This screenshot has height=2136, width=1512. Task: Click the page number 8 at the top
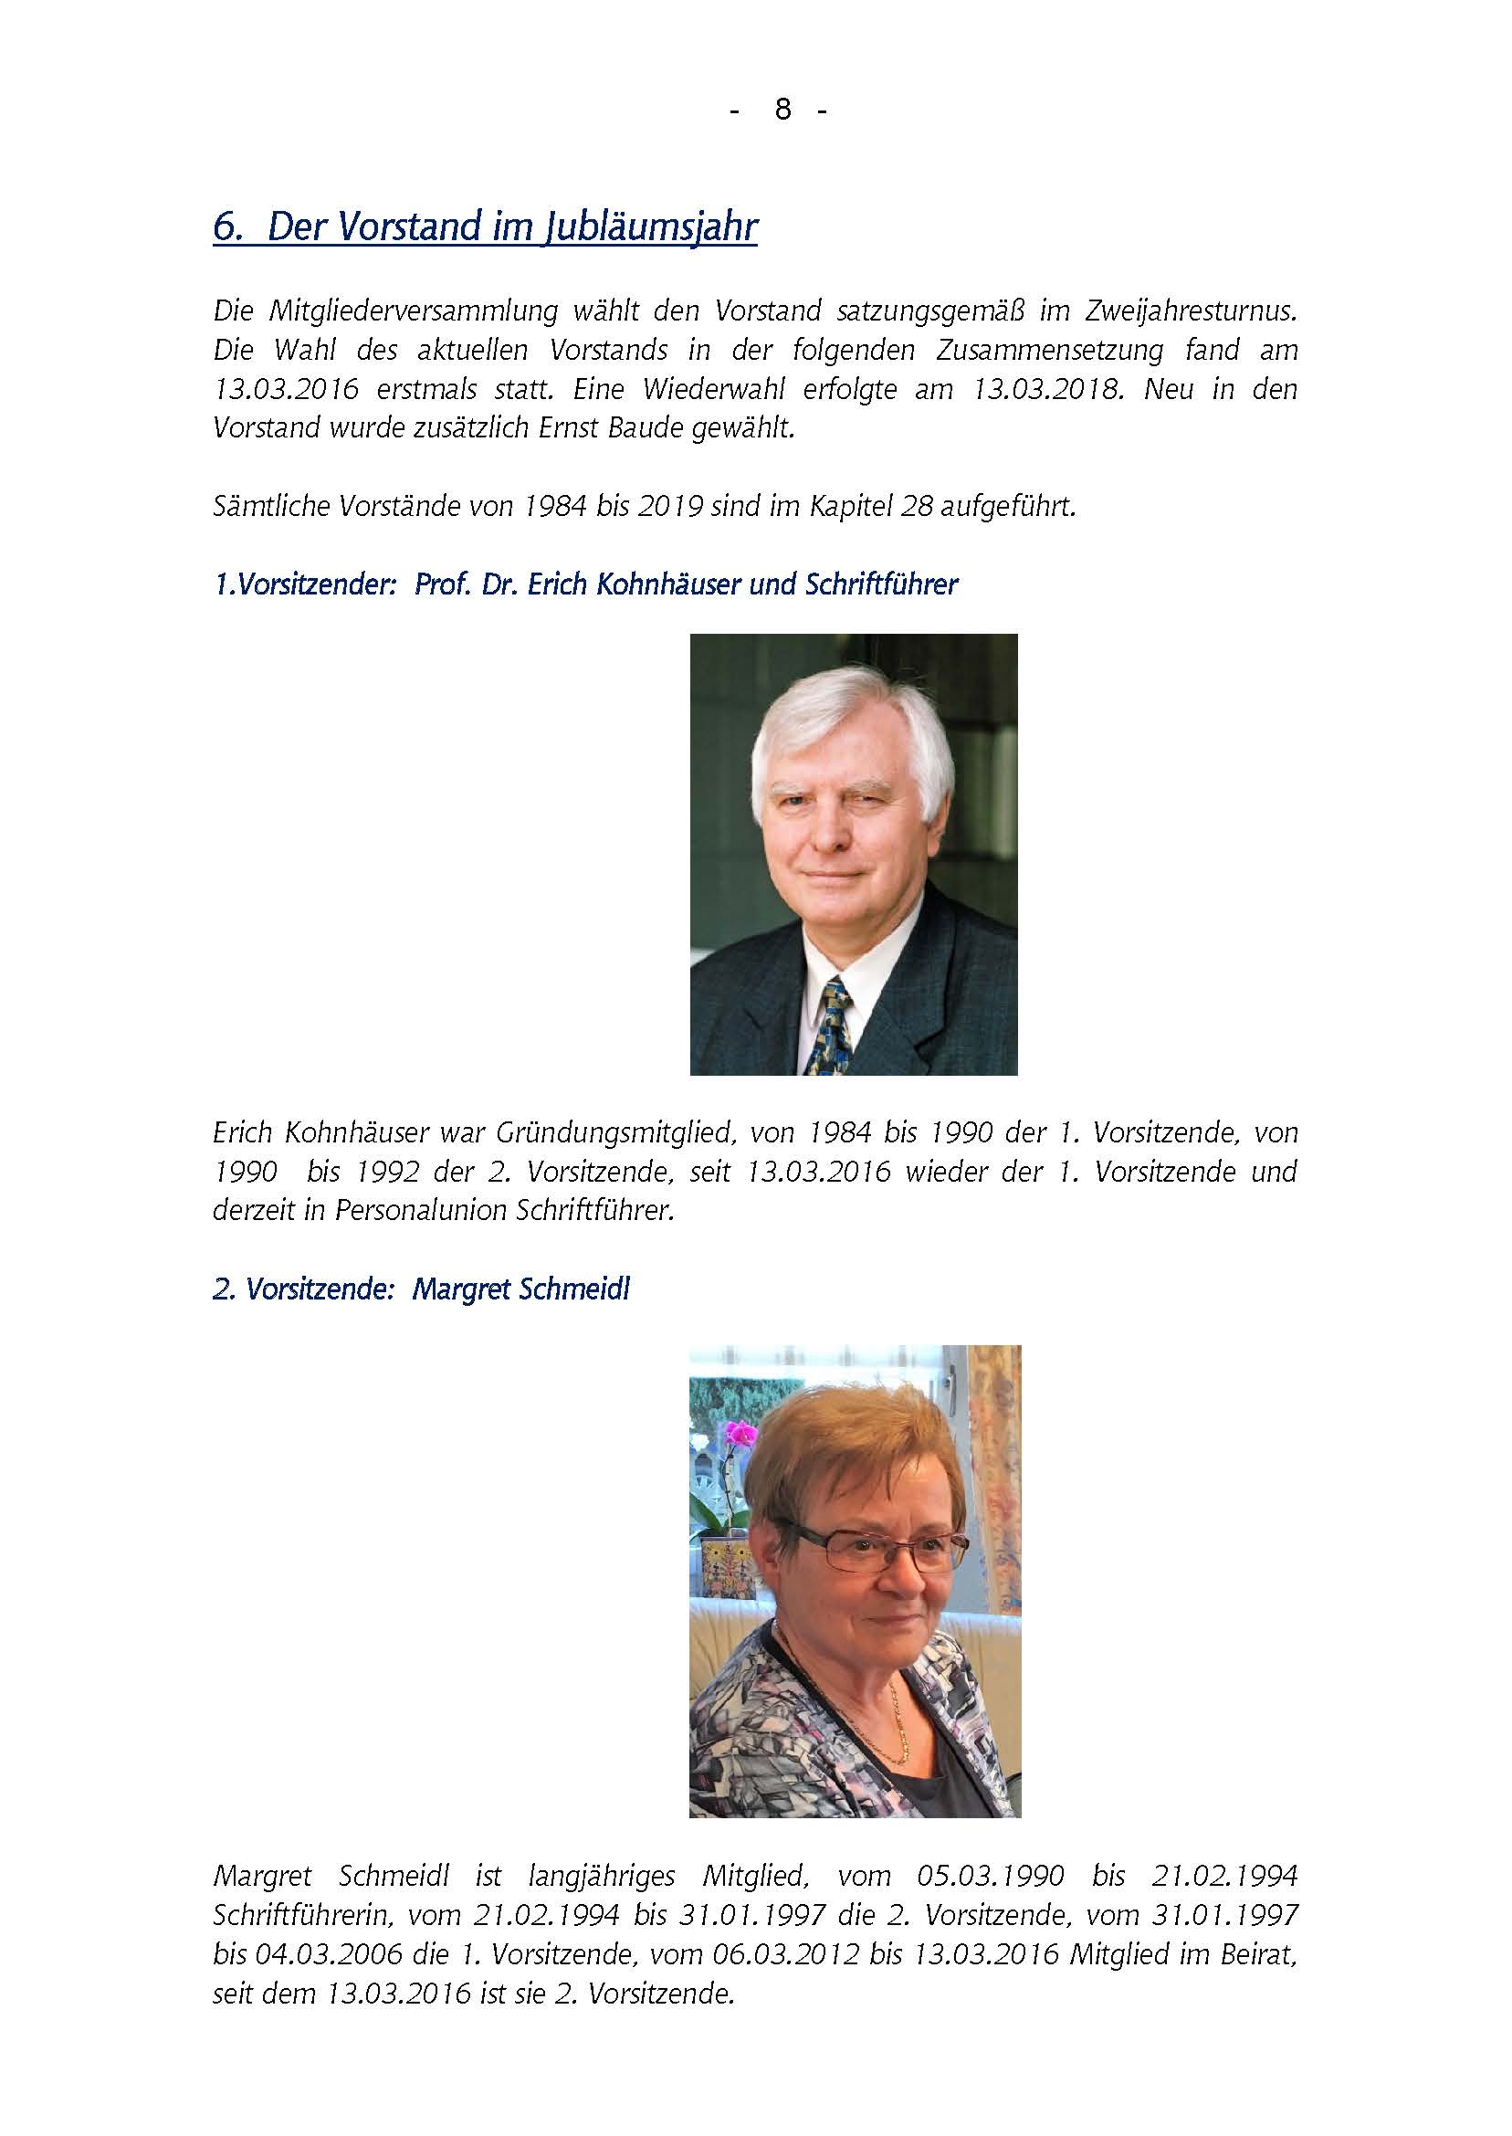tap(782, 110)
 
